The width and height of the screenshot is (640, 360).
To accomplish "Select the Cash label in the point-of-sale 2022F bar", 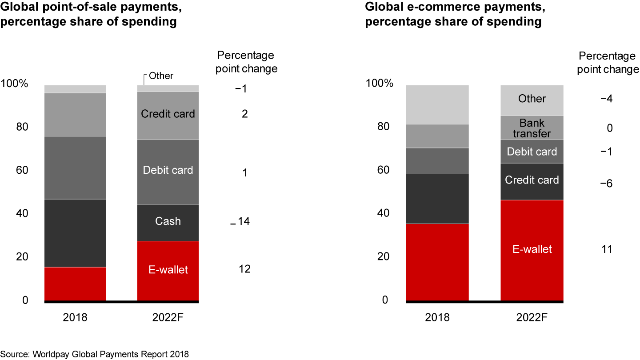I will coord(168,221).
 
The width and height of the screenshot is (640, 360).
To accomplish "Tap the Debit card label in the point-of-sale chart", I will coord(168,170).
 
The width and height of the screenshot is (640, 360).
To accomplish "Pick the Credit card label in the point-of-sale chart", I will coord(168,114).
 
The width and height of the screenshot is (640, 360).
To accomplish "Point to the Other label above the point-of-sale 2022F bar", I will coord(161,76).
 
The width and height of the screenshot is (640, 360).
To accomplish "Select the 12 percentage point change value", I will coord(244,269).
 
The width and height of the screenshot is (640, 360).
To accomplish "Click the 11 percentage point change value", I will coord(606,249).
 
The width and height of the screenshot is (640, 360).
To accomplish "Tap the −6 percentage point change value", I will coord(606,184).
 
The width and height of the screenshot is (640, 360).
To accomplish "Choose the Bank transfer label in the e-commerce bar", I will coord(532,128).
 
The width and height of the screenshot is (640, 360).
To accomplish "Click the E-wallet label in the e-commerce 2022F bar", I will coord(532,249).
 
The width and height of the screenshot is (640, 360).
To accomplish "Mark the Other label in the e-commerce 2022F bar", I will coord(532,99).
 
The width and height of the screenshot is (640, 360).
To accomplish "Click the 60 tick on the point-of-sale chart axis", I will coord(22,171).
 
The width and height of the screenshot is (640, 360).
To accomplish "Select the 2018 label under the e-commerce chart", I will coord(438,318).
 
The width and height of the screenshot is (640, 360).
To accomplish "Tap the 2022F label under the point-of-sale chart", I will coord(168,318).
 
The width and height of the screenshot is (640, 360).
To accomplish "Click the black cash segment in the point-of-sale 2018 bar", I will coord(75,233).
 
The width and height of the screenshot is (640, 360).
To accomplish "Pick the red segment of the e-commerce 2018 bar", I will coord(438,262).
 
